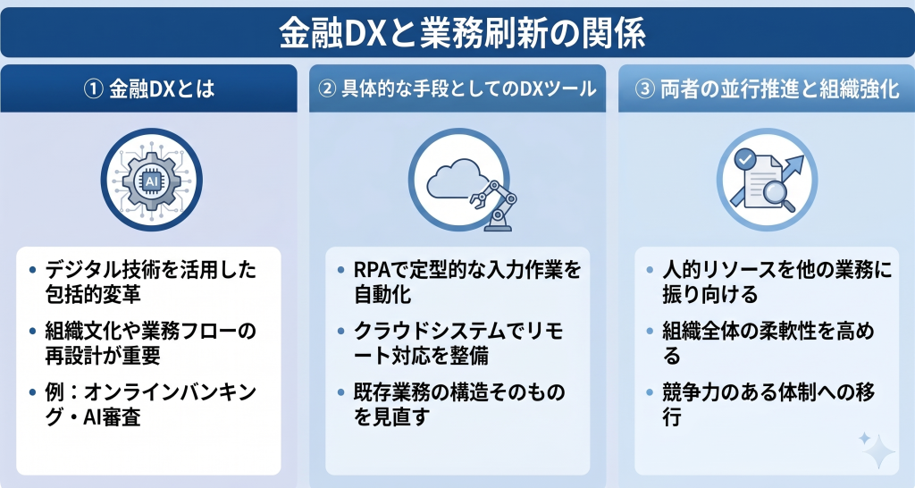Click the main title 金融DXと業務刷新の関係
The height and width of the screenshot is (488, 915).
pyautogui.click(x=457, y=34)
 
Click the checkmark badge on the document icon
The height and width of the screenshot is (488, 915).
pyautogui.click(x=745, y=160)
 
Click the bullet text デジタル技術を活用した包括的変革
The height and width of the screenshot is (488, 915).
pyautogui.click(x=143, y=280)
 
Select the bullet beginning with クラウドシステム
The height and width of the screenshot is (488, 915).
pyautogui.click(x=456, y=342)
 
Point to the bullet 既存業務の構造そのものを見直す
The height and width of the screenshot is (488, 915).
pyautogui.click(x=456, y=406)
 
